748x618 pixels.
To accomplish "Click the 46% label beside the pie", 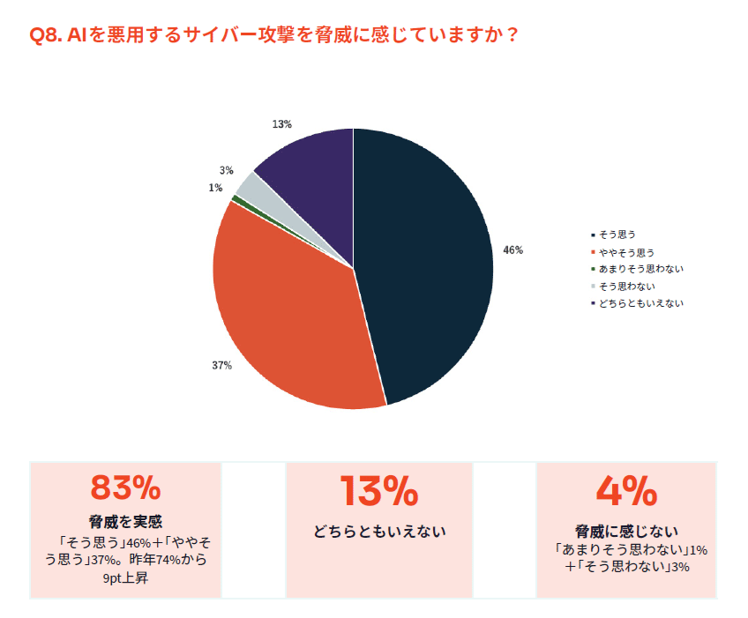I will point(512,250).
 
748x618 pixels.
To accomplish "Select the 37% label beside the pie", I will point(221,365).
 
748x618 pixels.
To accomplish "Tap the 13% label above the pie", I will point(281,124).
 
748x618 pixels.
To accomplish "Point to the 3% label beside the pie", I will point(227,171).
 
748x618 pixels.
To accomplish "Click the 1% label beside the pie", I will point(215,188).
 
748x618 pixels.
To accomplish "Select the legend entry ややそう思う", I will point(626,252).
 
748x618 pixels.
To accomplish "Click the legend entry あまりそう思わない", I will point(640,269).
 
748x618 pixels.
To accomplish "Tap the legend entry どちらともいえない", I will point(640,302).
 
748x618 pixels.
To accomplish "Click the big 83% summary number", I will point(125,489).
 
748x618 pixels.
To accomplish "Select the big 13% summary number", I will point(379,491).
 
